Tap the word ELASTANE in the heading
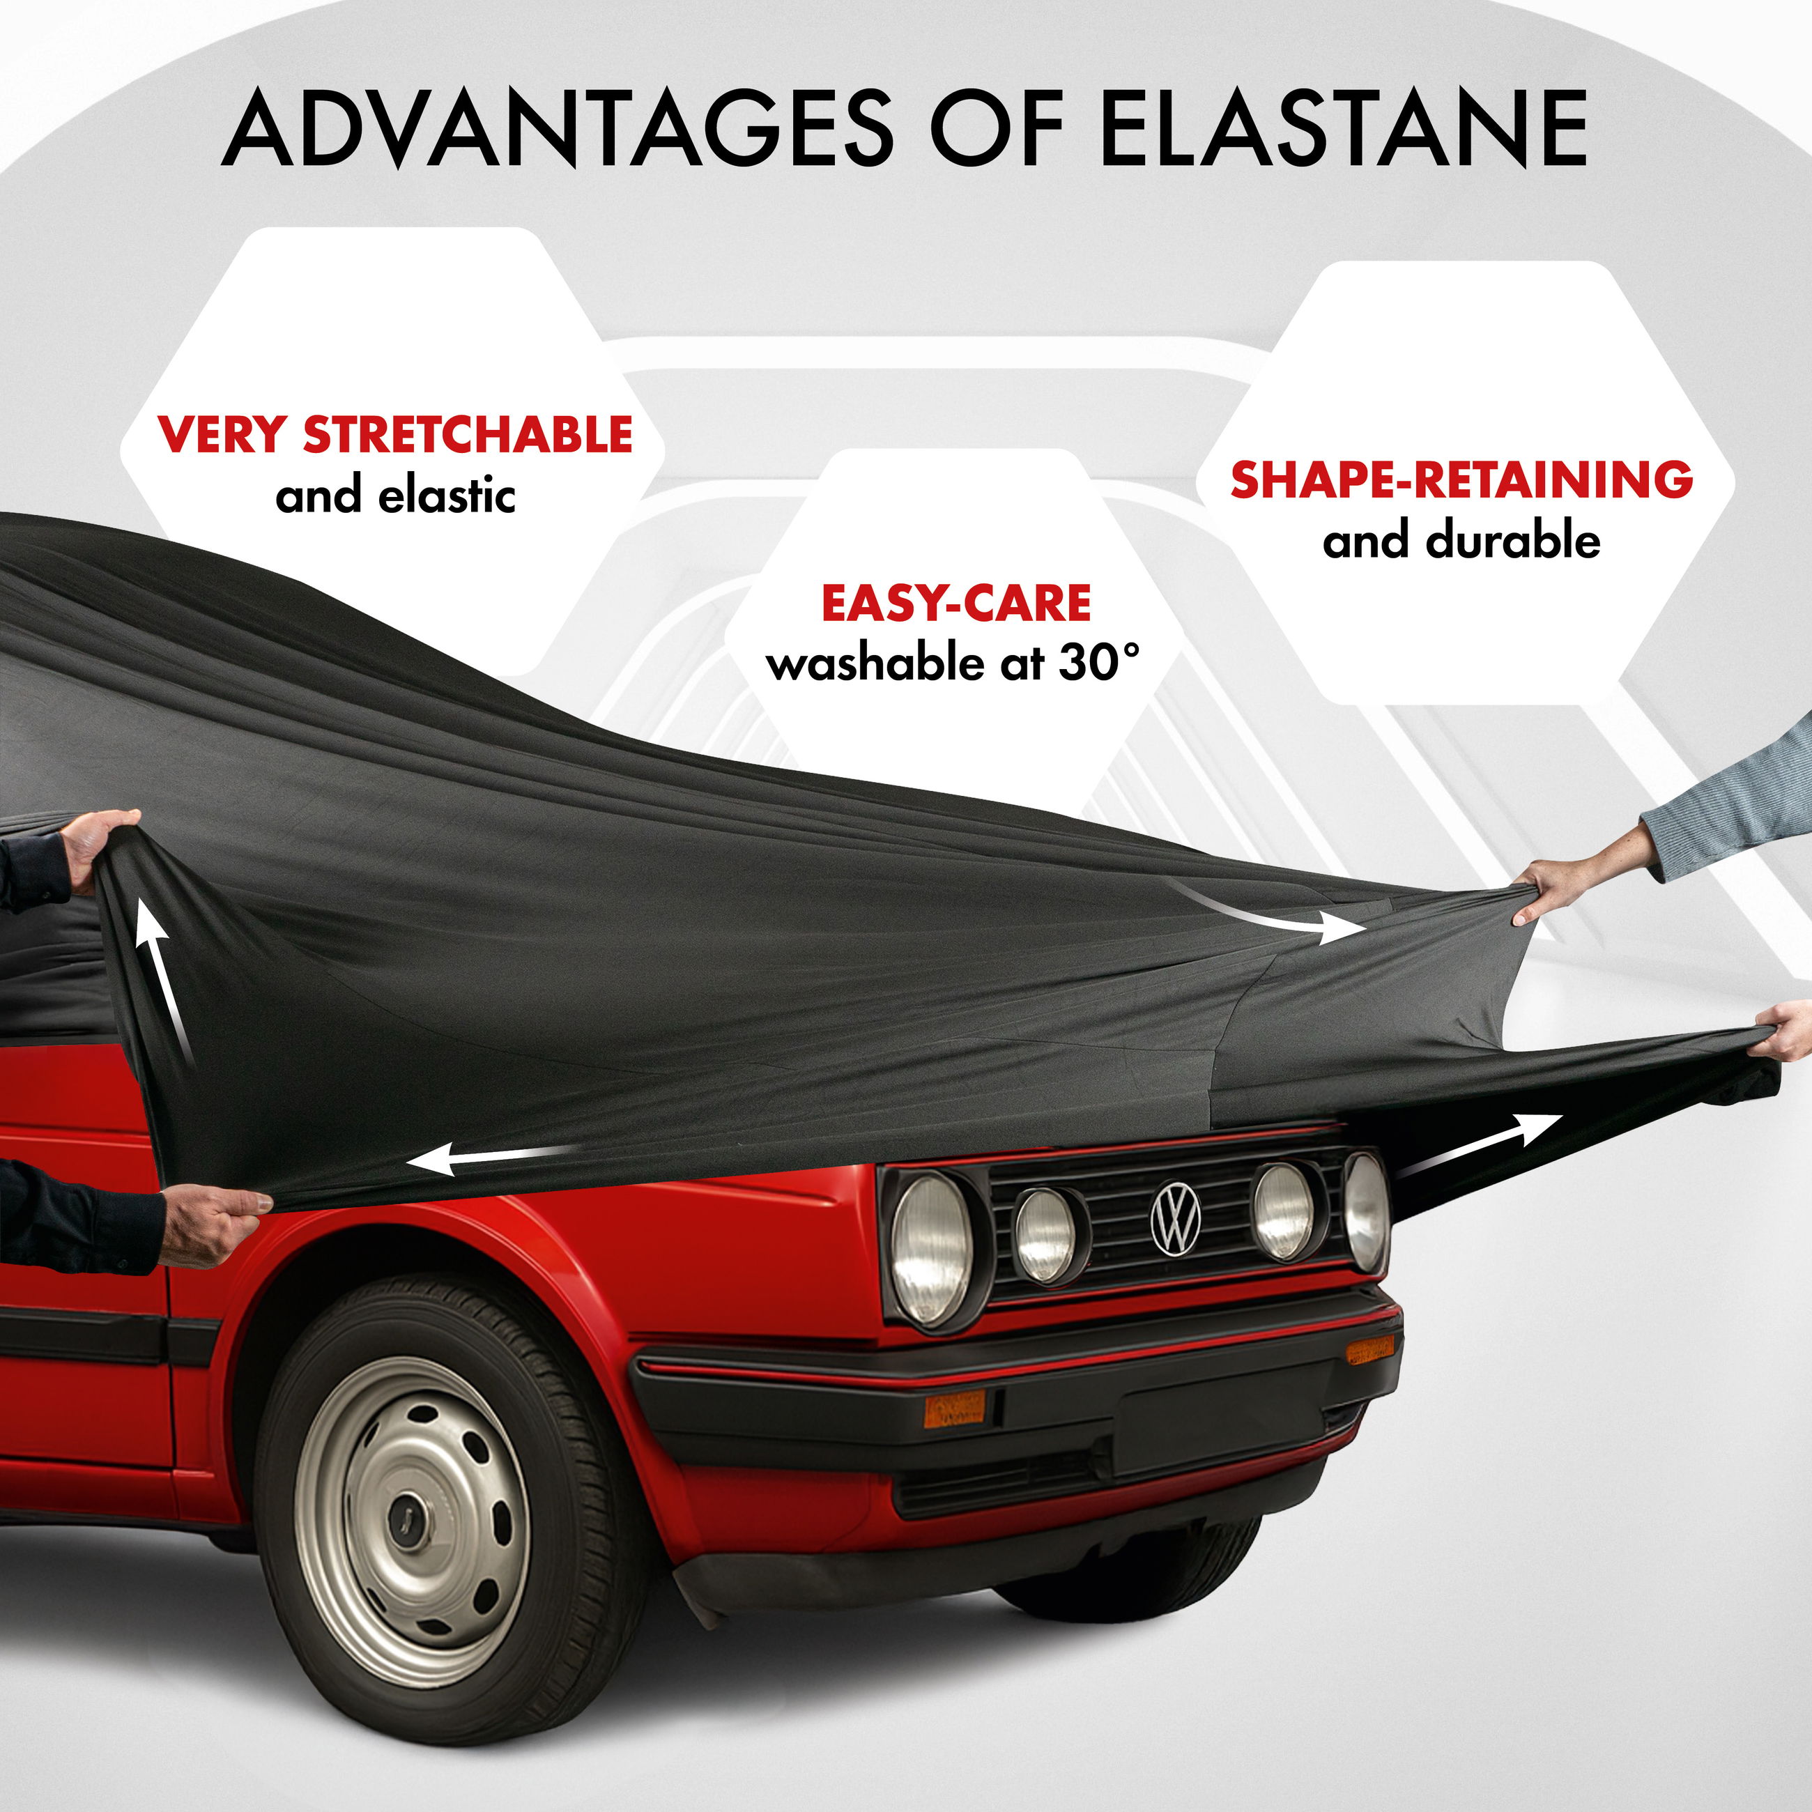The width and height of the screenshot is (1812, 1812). [1343, 128]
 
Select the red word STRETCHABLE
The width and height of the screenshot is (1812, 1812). [467, 434]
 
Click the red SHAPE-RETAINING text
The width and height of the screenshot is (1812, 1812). [1461, 479]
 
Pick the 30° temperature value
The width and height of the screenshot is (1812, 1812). [1099, 663]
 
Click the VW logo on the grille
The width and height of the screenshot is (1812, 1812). [1175, 1219]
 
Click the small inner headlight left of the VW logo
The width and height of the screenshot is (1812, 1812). [1045, 1236]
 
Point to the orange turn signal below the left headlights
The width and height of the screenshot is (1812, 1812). [954, 1408]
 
